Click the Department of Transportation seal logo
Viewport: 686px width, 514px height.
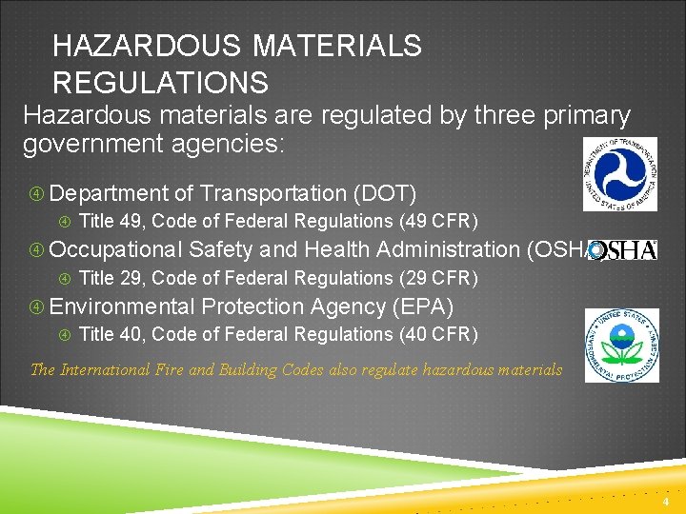[x=620, y=174]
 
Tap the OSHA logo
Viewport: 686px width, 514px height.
[x=624, y=250]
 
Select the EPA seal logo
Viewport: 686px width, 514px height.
[x=621, y=345]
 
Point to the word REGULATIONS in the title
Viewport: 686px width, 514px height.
[x=160, y=83]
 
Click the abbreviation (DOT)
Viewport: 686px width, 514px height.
[x=385, y=193]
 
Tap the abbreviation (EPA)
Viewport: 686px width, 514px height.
[x=422, y=306]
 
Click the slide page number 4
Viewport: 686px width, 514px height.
[x=666, y=502]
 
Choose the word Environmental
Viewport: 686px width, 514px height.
[x=121, y=306]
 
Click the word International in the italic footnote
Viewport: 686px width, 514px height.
[x=103, y=369]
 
